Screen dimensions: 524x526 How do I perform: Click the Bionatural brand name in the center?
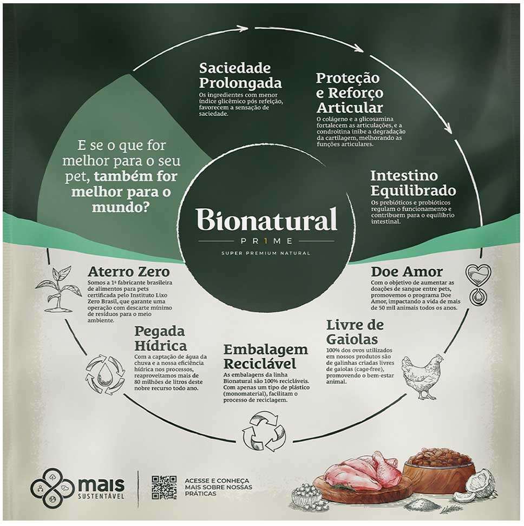267,219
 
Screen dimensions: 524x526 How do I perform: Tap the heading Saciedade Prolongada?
240,75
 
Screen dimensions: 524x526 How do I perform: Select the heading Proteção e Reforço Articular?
350,93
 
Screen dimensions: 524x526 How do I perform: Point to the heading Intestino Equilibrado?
413,183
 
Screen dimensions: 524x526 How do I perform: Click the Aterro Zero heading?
128,271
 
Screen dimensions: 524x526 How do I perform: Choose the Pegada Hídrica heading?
160,338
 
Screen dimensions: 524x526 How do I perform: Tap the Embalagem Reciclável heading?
265,356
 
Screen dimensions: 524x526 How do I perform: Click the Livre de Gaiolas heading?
355,332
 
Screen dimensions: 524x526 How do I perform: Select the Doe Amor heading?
407,271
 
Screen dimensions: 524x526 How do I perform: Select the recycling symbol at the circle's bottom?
264,432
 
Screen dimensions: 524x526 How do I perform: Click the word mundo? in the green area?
120,207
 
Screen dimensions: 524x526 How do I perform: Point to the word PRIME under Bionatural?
267,241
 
